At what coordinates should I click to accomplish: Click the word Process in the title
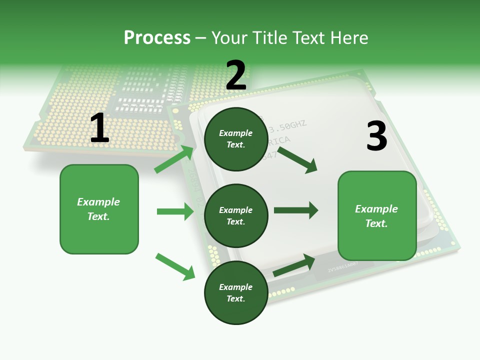(157, 37)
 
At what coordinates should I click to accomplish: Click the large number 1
(99, 128)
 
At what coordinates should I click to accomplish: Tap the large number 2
(236, 75)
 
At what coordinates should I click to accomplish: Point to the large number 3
(376, 136)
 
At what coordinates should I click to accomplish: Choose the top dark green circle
(236, 139)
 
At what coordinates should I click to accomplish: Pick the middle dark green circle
(236, 216)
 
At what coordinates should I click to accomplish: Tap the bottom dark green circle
(236, 293)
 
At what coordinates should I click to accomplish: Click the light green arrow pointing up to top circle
(174, 159)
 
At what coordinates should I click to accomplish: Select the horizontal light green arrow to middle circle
(175, 211)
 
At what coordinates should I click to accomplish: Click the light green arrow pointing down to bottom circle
(175, 266)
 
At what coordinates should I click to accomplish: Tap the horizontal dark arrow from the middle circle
(296, 210)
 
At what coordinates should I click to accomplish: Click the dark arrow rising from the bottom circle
(294, 265)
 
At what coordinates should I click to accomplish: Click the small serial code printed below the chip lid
(342, 270)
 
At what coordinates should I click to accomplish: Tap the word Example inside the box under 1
(98, 202)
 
